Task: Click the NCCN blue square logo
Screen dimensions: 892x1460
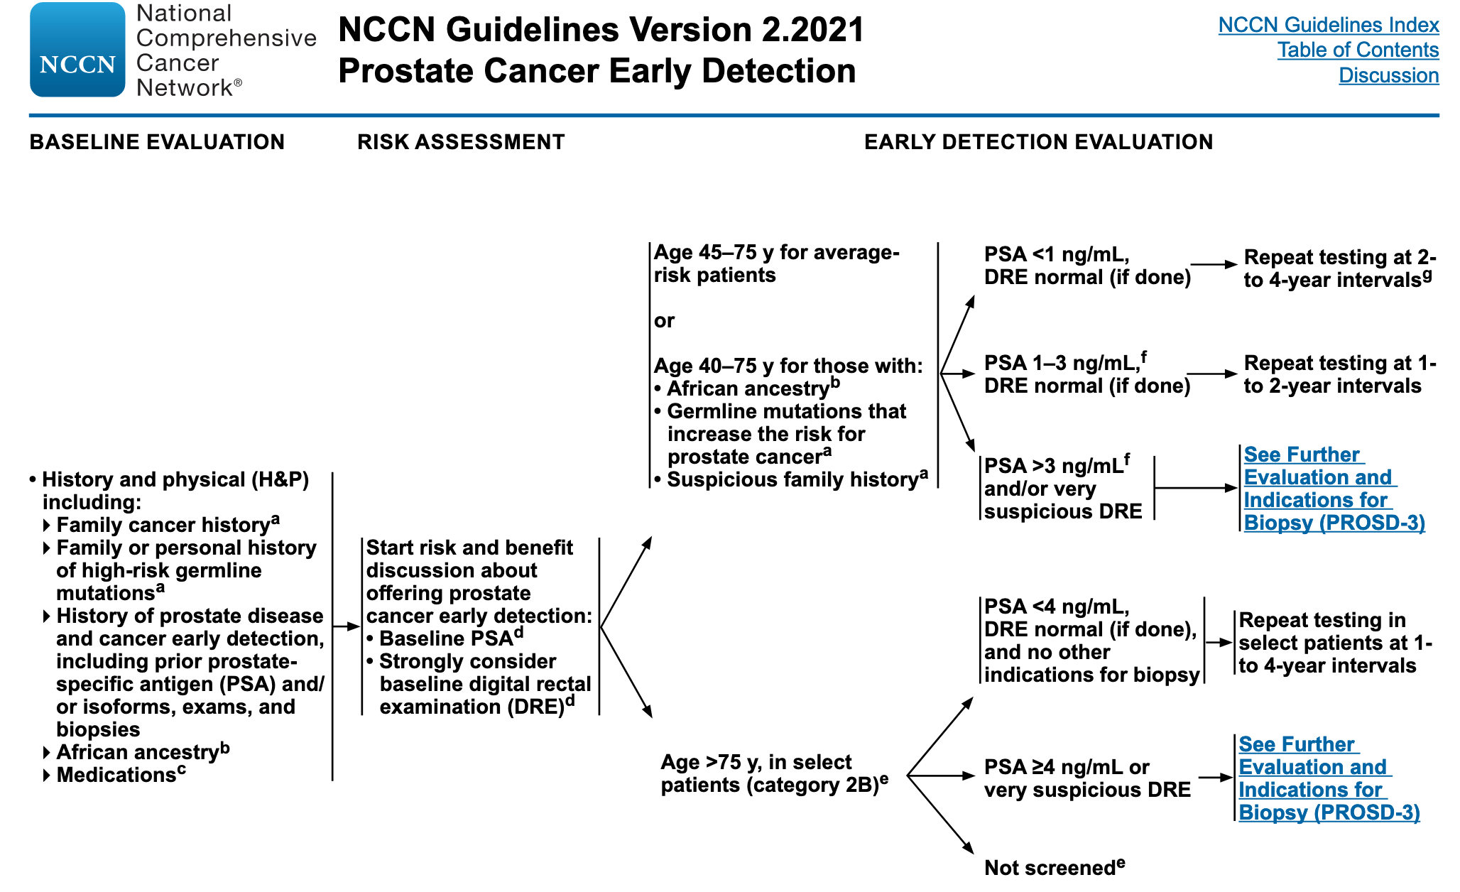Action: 77,50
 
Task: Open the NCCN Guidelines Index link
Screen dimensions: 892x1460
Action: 1328,25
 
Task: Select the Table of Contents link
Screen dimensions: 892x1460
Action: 1358,50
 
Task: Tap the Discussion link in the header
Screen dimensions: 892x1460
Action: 1388,75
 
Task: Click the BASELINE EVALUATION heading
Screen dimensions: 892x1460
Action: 157,142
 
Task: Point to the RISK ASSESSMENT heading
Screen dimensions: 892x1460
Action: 461,142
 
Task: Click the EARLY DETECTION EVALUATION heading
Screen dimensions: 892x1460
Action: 1038,142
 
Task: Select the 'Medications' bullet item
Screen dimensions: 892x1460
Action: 116,775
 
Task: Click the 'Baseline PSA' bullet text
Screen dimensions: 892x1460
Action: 445,638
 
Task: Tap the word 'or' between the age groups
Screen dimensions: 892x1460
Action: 664,321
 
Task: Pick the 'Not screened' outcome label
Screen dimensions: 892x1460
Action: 1049,868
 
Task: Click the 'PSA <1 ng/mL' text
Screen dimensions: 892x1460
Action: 1056,254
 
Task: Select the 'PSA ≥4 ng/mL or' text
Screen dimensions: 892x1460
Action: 1067,767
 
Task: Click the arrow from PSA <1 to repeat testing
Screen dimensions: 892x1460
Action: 1214,265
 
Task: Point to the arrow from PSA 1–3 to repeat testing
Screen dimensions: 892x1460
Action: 1212,374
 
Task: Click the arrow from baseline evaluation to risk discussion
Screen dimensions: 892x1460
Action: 347,626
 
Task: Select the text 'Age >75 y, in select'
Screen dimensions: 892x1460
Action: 756,762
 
